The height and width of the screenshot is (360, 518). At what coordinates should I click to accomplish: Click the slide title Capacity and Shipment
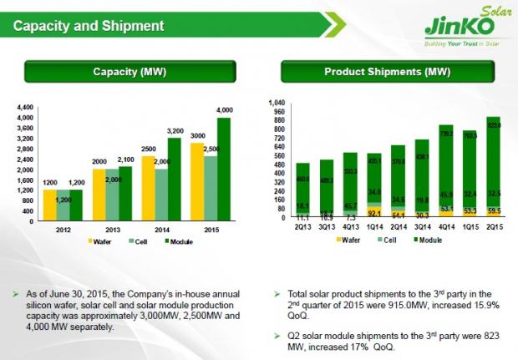[88, 26]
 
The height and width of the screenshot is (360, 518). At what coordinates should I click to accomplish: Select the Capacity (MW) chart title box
[133, 72]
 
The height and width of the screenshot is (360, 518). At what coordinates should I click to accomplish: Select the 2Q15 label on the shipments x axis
[494, 225]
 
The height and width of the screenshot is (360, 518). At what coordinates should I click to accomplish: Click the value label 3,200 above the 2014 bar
[175, 130]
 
